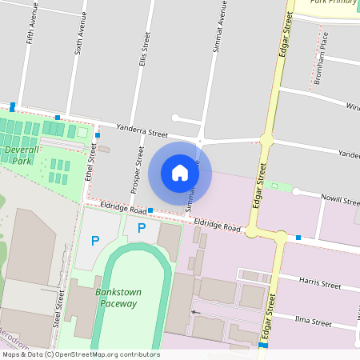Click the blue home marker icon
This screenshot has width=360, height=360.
180,173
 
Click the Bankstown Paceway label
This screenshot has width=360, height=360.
117,298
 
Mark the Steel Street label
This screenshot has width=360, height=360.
58,309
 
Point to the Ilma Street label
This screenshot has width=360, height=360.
313,323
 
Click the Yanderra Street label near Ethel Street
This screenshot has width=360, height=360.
142,131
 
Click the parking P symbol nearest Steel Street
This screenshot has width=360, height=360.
95,240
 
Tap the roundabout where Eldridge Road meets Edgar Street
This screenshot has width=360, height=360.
281,237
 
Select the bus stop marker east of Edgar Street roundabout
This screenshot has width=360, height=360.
298,238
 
